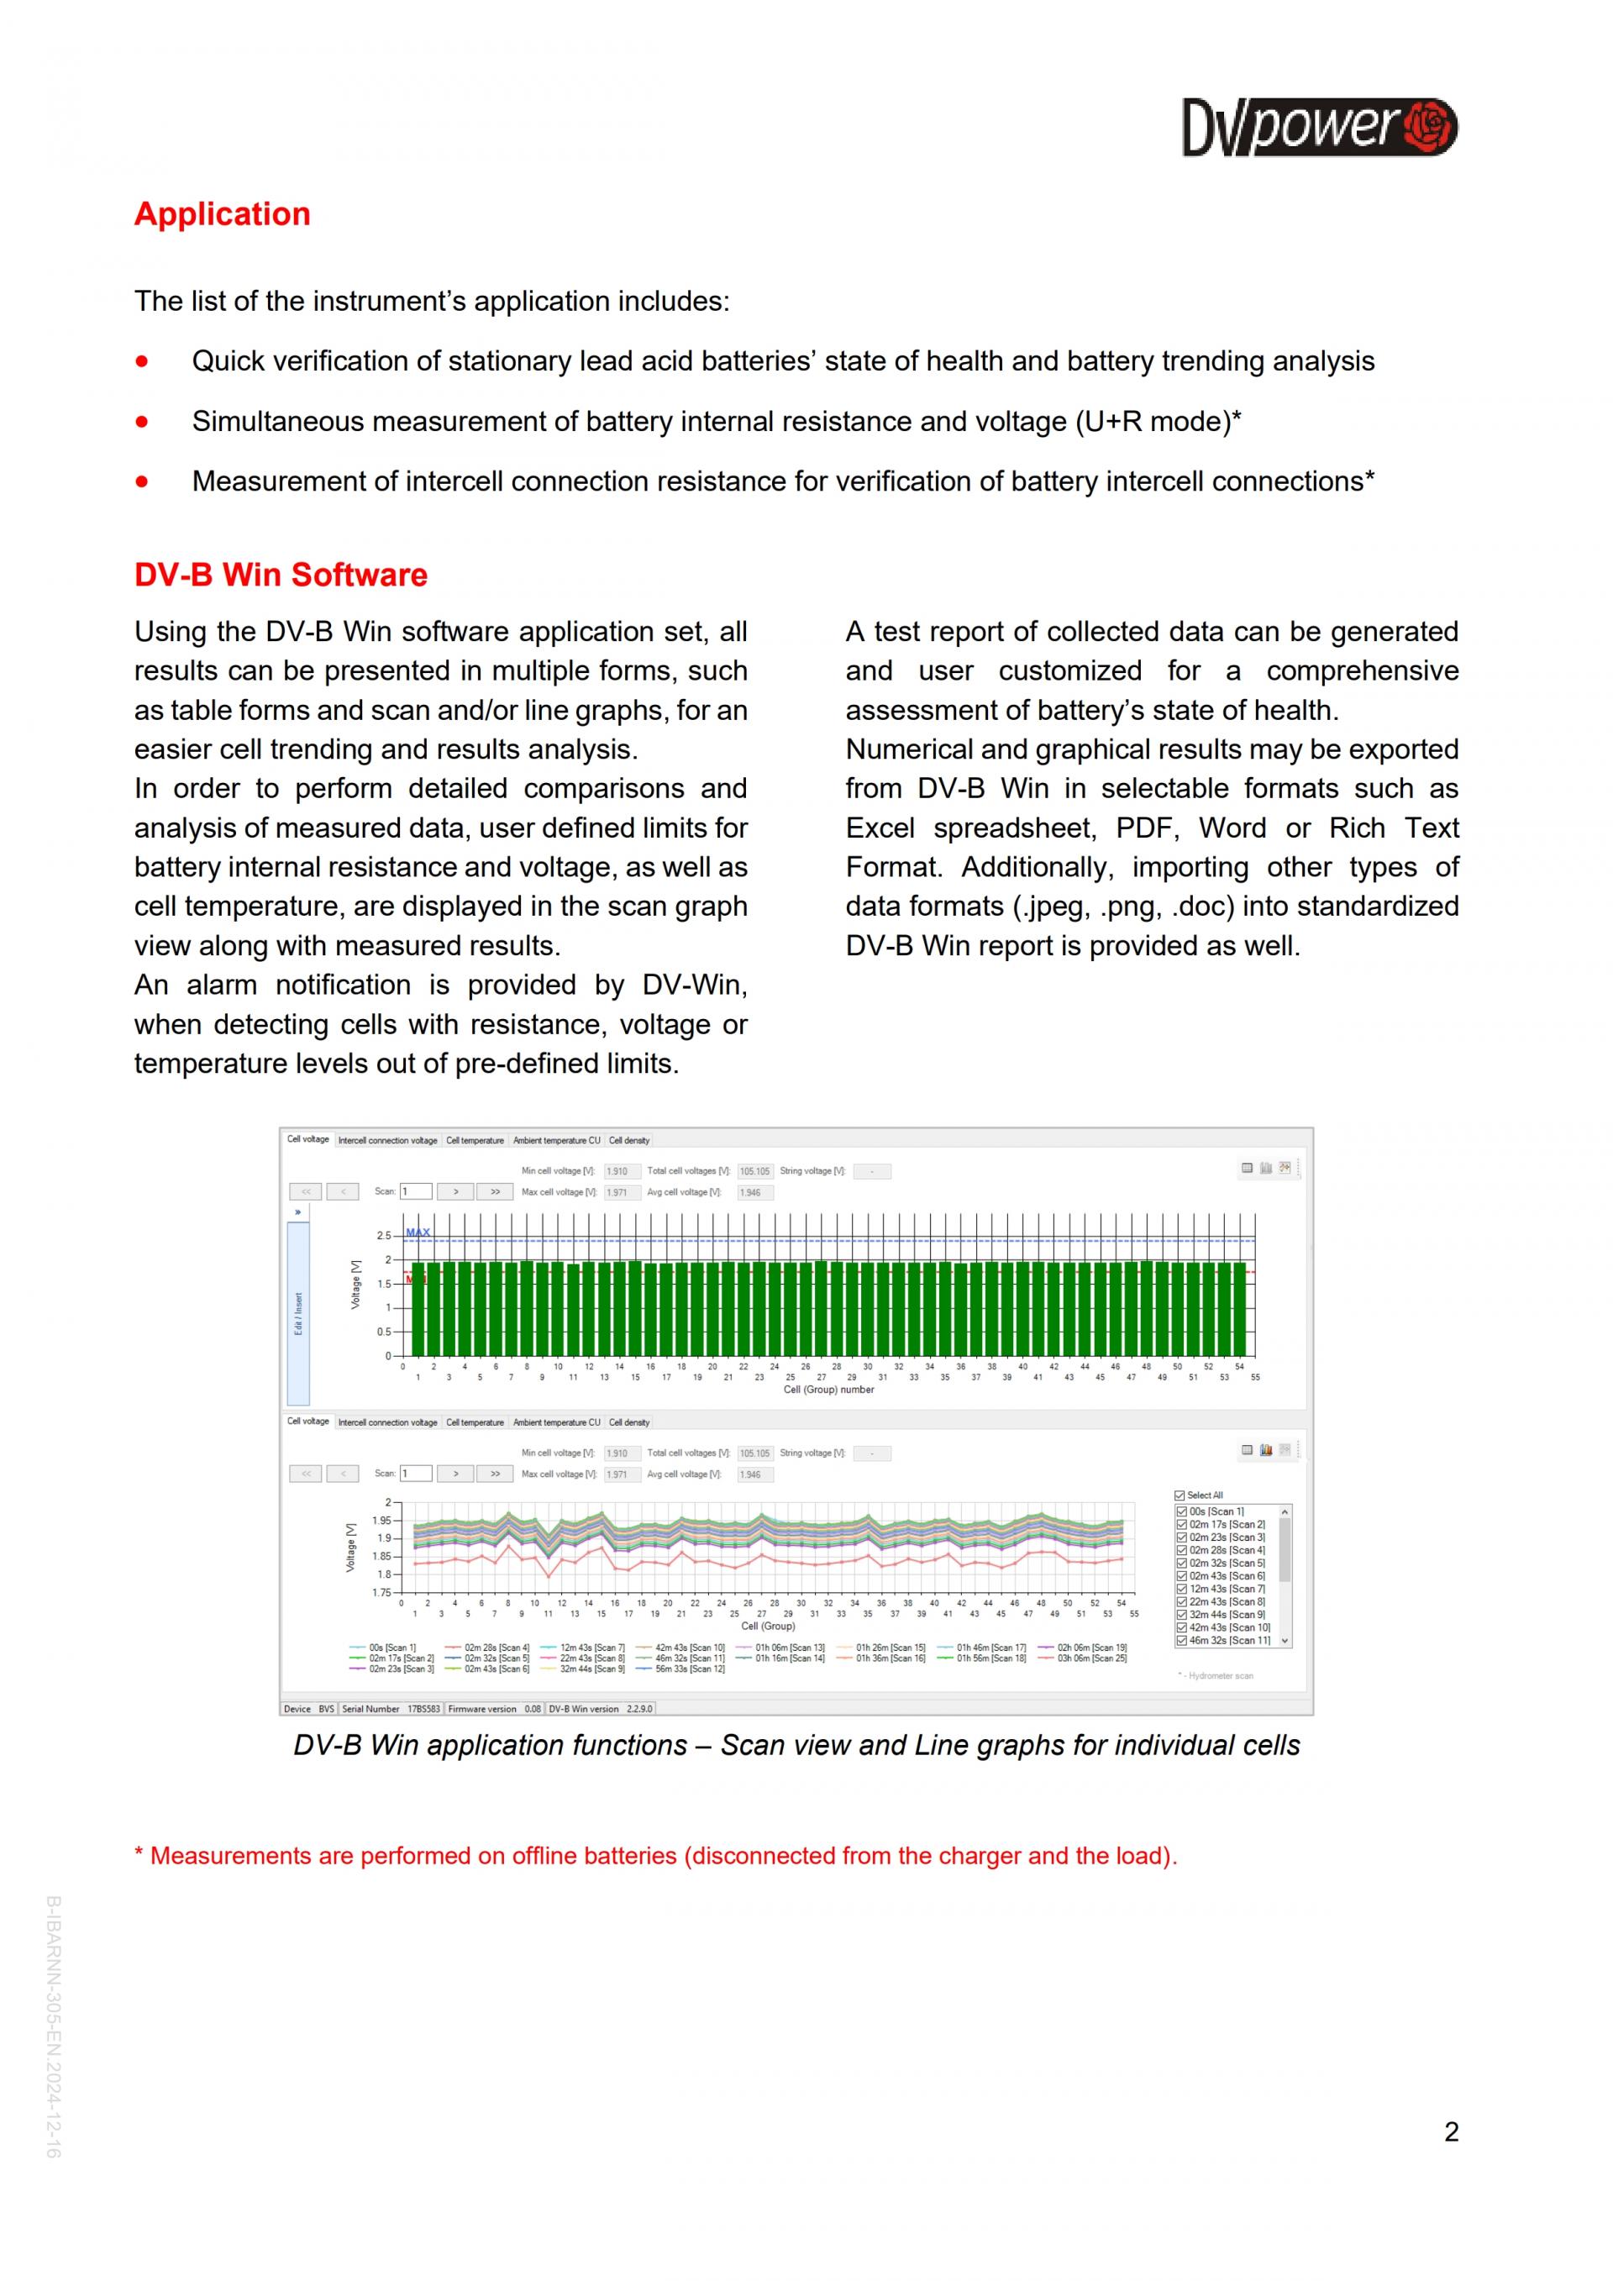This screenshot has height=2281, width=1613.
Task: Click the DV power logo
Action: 1318,127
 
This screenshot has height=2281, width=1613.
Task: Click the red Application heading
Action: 223,214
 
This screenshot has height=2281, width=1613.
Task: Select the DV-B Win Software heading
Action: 281,576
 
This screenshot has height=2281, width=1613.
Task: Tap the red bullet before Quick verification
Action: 142,361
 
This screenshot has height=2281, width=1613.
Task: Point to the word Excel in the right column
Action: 880,828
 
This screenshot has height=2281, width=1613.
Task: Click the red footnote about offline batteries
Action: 655,1856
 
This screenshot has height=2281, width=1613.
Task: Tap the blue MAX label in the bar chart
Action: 418,1232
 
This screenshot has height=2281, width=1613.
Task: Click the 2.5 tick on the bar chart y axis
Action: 383,1236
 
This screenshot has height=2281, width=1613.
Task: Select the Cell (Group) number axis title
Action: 828,1390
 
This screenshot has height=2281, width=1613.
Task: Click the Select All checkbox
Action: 1180,1495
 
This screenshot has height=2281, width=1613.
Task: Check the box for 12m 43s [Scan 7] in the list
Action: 1182,1589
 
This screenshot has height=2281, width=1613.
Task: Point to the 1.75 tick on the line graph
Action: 381,1593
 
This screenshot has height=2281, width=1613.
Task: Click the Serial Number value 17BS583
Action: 423,1709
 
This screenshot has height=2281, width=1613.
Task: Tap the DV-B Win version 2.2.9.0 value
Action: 638,1709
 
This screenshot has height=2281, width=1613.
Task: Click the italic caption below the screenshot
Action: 796,1746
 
